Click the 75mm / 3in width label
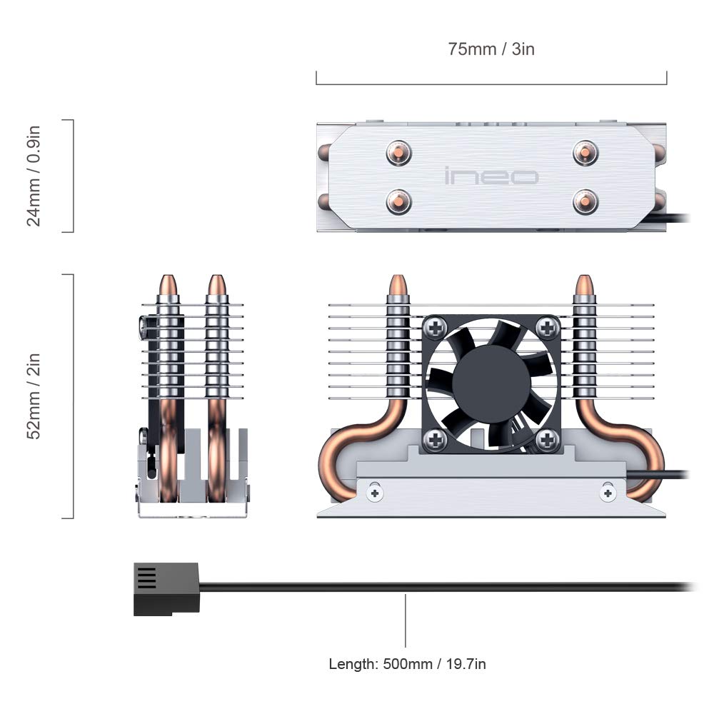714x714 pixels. click(491, 49)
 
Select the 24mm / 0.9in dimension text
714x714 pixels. click(34, 176)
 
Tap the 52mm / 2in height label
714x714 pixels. click(34, 396)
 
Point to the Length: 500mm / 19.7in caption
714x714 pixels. click(407, 664)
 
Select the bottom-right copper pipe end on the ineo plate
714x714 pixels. click(585, 201)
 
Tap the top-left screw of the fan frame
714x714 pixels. click(435, 328)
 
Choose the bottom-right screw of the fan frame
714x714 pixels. click(547, 439)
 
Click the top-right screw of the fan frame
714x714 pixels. click(547, 328)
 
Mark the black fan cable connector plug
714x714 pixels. click(166, 589)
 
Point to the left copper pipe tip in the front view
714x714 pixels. click(398, 286)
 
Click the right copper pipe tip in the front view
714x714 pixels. click(584, 286)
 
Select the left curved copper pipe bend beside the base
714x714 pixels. click(339, 457)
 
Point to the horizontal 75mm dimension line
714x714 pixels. click(491, 84)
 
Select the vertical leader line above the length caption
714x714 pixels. click(406, 621)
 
